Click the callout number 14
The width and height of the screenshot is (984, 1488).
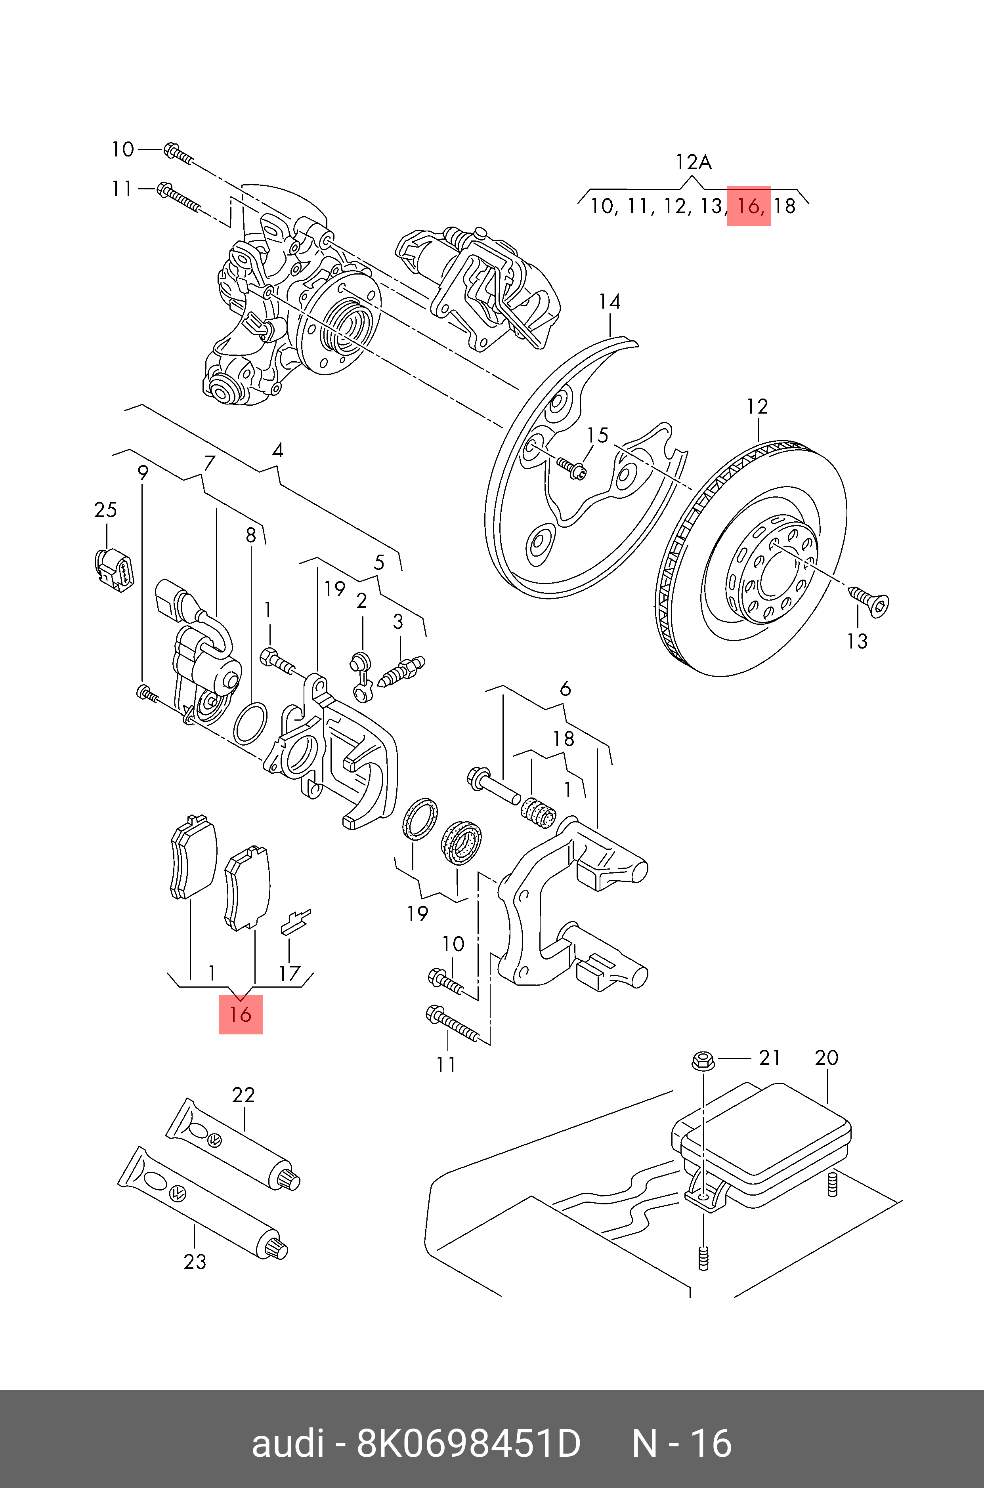pyautogui.click(x=610, y=302)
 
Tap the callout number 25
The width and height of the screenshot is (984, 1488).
pyautogui.click(x=105, y=509)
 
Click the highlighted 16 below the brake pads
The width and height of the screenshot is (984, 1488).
pyautogui.click(x=240, y=1014)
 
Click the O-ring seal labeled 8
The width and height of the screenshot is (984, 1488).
pyautogui.click(x=250, y=723)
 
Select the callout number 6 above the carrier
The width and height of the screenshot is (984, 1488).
pyautogui.click(x=565, y=689)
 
